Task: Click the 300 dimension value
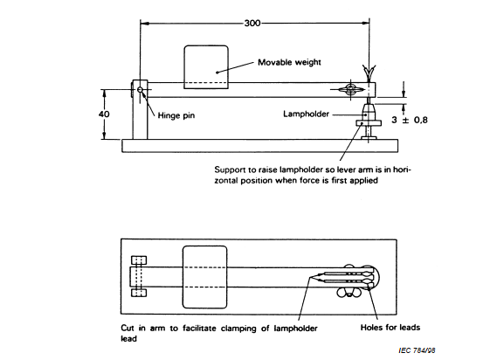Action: click(252, 23)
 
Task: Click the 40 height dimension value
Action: click(104, 114)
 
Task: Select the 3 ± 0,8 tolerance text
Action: click(410, 120)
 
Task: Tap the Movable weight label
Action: click(289, 62)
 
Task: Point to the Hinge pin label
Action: click(176, 115)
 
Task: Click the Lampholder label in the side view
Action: click(307, 114)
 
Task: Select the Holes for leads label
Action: click(390, 328)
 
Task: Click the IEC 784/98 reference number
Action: click(417, 350)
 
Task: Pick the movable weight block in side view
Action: click(206, 67)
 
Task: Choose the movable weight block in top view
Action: click(204, 277)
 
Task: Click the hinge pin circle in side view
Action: click(140, 90)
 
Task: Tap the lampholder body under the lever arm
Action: click(368, 113)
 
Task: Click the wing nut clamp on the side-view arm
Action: click(350, 90)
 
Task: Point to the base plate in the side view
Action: click(260, 146)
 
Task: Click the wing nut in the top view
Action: click(349, 293)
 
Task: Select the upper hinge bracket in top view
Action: click(139, 260)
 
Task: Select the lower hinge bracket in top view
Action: click(139, 292)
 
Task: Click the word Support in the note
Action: click(228, 170)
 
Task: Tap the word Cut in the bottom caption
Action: click(128, 328)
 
